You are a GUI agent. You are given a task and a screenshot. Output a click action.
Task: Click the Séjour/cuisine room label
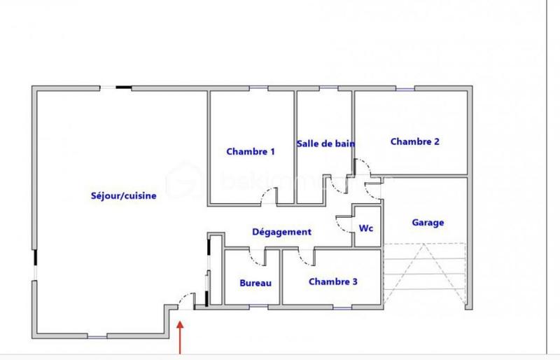123,196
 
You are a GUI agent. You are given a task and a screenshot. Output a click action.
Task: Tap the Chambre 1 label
251,151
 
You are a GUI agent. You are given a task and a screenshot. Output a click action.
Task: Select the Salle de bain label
325,144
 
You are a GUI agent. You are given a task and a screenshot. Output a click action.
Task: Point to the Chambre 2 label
415,141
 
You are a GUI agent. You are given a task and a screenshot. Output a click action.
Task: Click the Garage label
428,223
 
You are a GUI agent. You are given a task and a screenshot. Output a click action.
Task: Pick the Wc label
365,228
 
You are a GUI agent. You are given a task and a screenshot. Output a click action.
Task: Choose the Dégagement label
281,232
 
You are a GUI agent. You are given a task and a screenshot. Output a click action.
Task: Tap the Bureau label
255,283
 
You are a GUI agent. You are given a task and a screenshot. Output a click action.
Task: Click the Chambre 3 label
333,282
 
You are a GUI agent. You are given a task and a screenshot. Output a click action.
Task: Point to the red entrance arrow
181,336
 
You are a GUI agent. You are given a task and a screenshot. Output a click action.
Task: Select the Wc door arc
343,223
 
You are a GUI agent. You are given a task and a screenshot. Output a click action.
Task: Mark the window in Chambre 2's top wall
404,88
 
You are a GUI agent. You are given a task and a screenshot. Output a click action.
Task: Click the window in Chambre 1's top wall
258,88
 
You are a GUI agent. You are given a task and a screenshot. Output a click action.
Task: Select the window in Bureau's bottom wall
258,307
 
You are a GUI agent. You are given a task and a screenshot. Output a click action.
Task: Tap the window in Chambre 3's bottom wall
342,307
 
